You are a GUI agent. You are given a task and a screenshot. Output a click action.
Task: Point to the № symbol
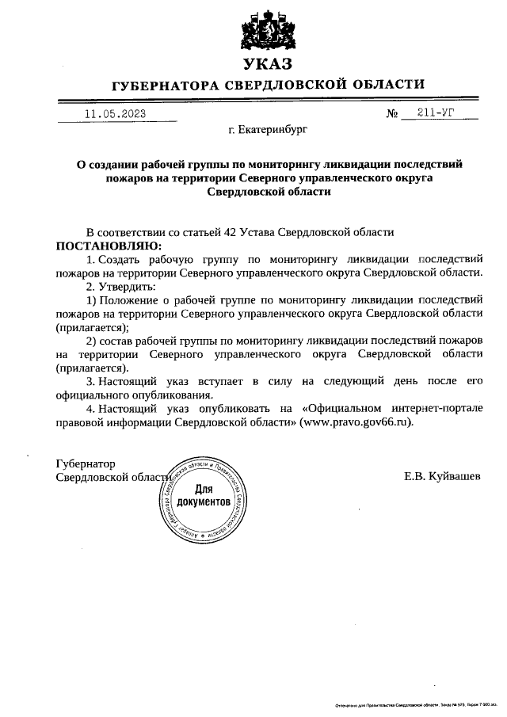(x=392, y=114)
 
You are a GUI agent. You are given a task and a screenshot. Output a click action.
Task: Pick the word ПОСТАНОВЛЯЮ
(x=108, y=246)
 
